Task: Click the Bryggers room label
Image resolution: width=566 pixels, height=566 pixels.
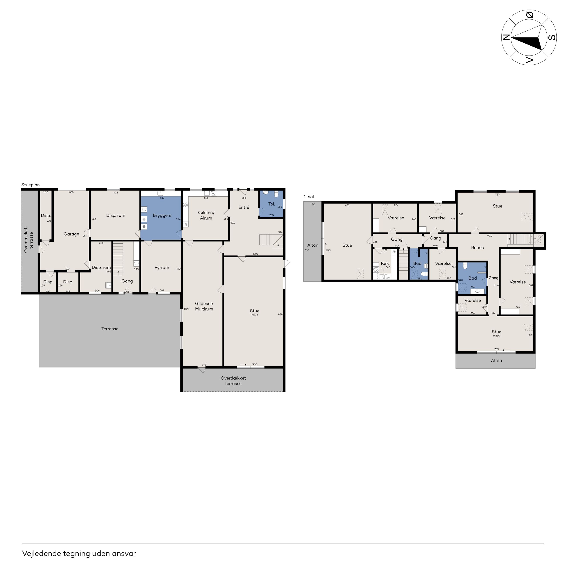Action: tap(162, 216)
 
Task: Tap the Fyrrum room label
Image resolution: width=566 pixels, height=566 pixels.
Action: tap(162, 268)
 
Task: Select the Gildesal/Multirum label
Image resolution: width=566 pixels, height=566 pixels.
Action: tap(204, 306)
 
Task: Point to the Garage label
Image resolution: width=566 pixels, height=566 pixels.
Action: tap(71, 234)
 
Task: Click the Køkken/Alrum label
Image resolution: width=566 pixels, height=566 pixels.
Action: tap(206, 215)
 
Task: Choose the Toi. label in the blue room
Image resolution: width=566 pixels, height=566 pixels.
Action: tap(272, 204)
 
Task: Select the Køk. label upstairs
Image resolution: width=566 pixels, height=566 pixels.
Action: tap(385, 263)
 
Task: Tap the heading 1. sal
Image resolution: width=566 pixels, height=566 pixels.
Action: tap(308, 197)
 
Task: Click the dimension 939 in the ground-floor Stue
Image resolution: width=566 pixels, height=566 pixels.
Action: tap(280, 314)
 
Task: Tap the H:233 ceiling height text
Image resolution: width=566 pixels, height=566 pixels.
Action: tap(254, 315)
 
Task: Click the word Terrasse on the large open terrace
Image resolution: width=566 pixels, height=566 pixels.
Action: tap(110, 329)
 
